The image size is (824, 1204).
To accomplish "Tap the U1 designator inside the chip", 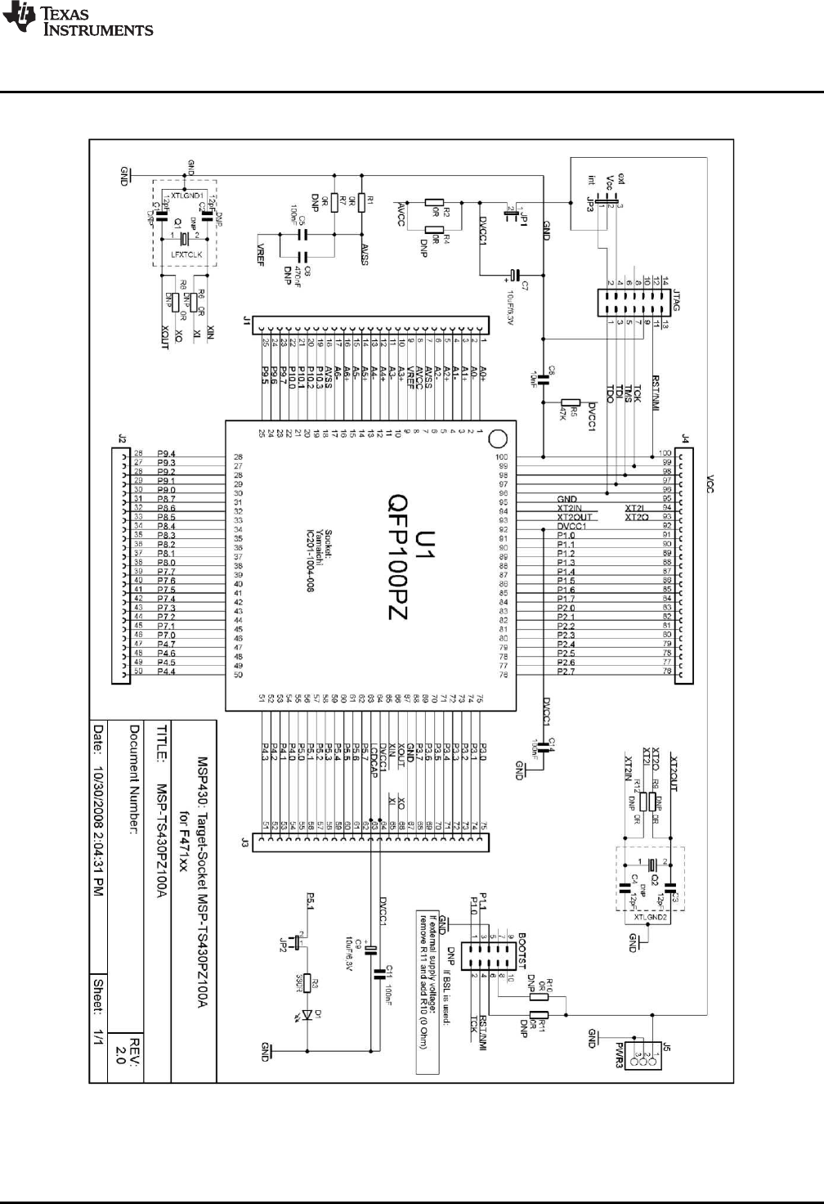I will point(425,544).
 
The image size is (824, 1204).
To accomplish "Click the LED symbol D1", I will point(308,1015).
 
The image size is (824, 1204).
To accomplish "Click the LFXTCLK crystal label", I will point(186,254).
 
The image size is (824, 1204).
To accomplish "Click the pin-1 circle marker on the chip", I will point(498,439).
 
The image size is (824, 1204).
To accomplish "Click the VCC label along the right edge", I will point(710,483).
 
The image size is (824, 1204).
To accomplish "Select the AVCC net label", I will point(402,214).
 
